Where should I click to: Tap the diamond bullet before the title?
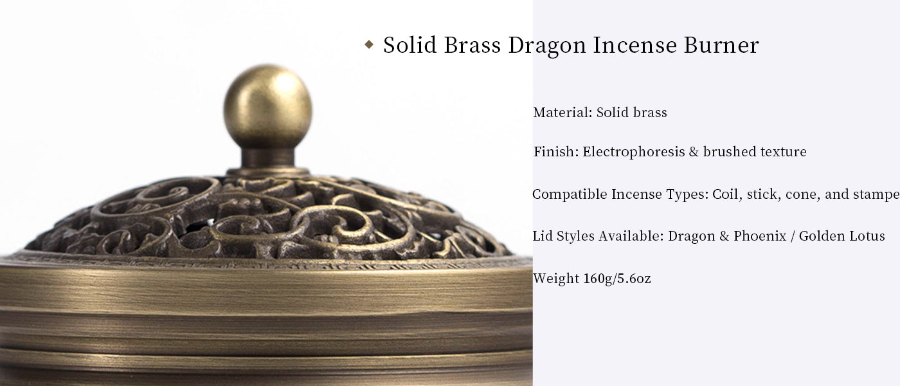[369, 44]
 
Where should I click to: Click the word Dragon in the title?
[547, 46]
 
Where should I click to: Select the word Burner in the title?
[721, 44]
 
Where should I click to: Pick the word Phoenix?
[760, 236]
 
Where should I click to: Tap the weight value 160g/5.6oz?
[616, 278]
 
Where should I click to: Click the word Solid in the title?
[410, 44]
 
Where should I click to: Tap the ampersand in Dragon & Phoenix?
[724, 236]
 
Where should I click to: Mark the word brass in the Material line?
[649, 112]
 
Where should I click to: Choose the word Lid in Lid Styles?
[543, 236]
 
